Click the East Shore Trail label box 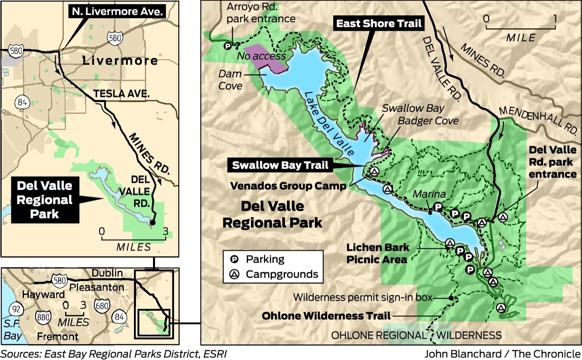coord(379,23)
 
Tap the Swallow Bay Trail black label coord(280,165)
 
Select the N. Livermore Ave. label coord(117,11)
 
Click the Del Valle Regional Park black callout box coord(45,200)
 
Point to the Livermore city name coord(120,61)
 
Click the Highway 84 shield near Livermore coord(22,102)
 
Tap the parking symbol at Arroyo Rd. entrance coord(228,46)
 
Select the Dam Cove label coord(230,80)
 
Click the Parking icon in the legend coord(234,259)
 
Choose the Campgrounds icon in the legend coord(234,274)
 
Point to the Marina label coord(429,195)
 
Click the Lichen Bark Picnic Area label coord(377,254)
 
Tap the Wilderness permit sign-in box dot coord(450,298)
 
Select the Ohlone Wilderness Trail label coord(326,316)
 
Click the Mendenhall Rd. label coord(538,119)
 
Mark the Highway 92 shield coord(16,309)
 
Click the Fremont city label coord(57,337)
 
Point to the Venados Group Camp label coord(288,186)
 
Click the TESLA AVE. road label coord(121,94)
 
